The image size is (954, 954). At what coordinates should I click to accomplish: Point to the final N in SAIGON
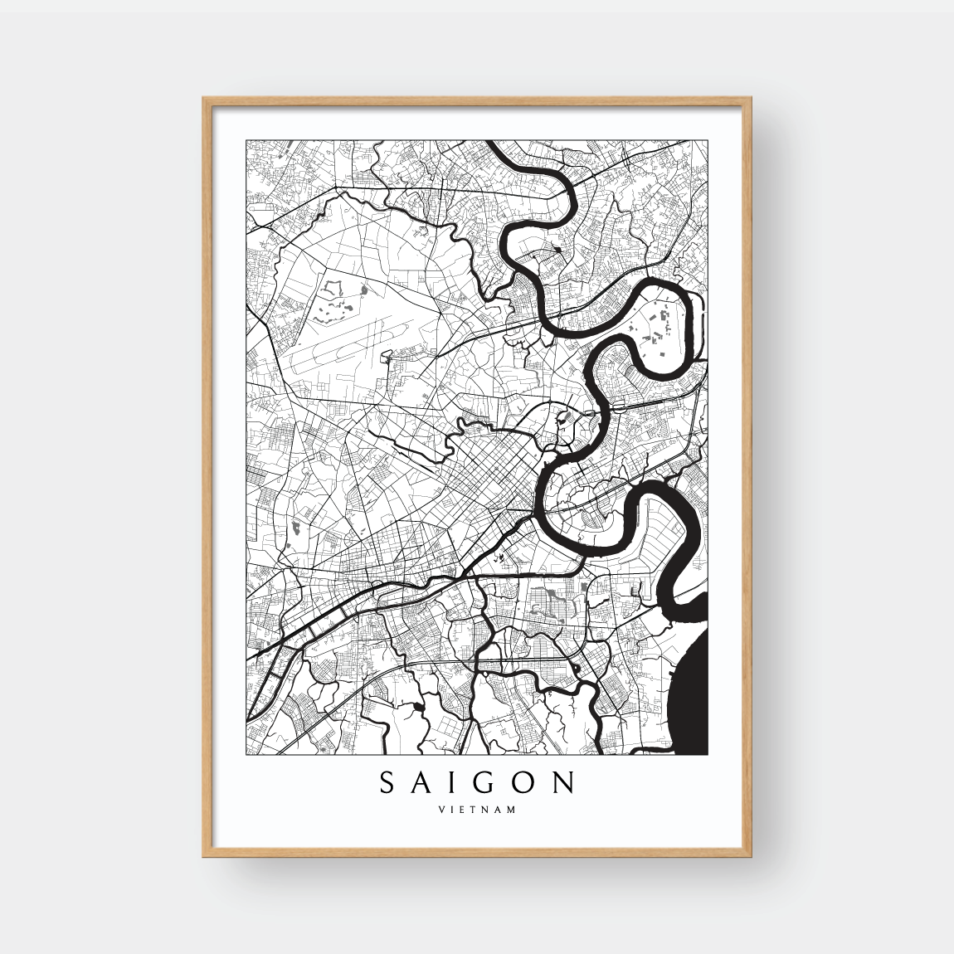coord(566,782)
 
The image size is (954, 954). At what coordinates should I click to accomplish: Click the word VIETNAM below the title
coord(477,810)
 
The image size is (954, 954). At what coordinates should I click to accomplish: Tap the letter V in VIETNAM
coord(441,810)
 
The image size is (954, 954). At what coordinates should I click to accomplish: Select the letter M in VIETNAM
coord(511,810)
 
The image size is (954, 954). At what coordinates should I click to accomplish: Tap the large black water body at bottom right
coord(689,697)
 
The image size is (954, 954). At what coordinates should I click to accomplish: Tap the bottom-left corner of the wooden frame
coord(204,855)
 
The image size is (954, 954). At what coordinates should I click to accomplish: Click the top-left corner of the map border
coord(246,140)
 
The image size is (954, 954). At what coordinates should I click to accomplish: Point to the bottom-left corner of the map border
coord(246,755)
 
